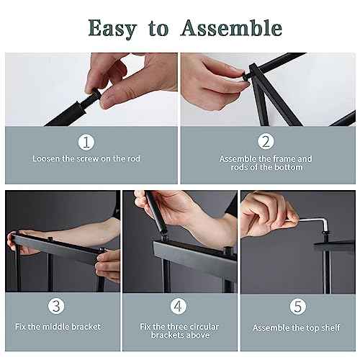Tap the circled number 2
pyautogui.click(x=266, y=142)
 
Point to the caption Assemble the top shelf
pyautogui.click(x=296, y=328)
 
